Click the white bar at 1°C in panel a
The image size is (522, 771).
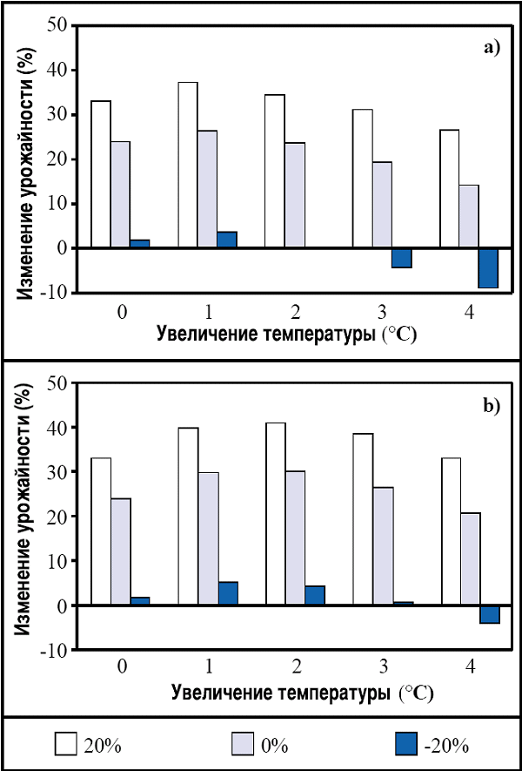188,166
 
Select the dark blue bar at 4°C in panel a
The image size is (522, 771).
488,267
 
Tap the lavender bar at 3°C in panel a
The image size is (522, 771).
382,205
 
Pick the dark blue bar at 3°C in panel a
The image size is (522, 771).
401,258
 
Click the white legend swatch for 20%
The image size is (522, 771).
67,745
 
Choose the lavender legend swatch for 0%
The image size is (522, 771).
243,745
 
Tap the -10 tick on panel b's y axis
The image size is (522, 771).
55,650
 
